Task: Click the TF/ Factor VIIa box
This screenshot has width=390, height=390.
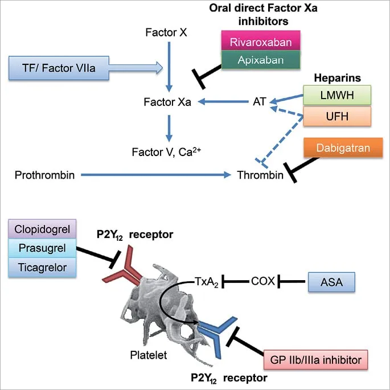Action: (52, 68)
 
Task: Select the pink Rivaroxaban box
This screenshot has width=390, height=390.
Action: (260, 42)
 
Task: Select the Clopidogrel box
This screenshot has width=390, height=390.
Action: (43, 231)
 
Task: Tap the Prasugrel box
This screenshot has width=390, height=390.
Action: (43, 249)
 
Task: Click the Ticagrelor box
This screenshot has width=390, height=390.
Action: (43, 267)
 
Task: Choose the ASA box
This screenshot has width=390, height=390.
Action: (331, 281)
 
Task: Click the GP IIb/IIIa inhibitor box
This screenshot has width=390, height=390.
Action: (315, 360)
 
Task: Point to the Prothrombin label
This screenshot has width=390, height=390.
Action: (45, 175)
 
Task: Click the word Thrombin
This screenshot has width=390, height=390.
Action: (260, 175)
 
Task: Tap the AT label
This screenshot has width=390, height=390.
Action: (260, 102)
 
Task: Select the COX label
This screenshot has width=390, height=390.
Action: (263, 281)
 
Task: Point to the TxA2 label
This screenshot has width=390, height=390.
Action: (207, 281)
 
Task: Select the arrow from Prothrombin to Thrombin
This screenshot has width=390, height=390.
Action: (157, 175)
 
